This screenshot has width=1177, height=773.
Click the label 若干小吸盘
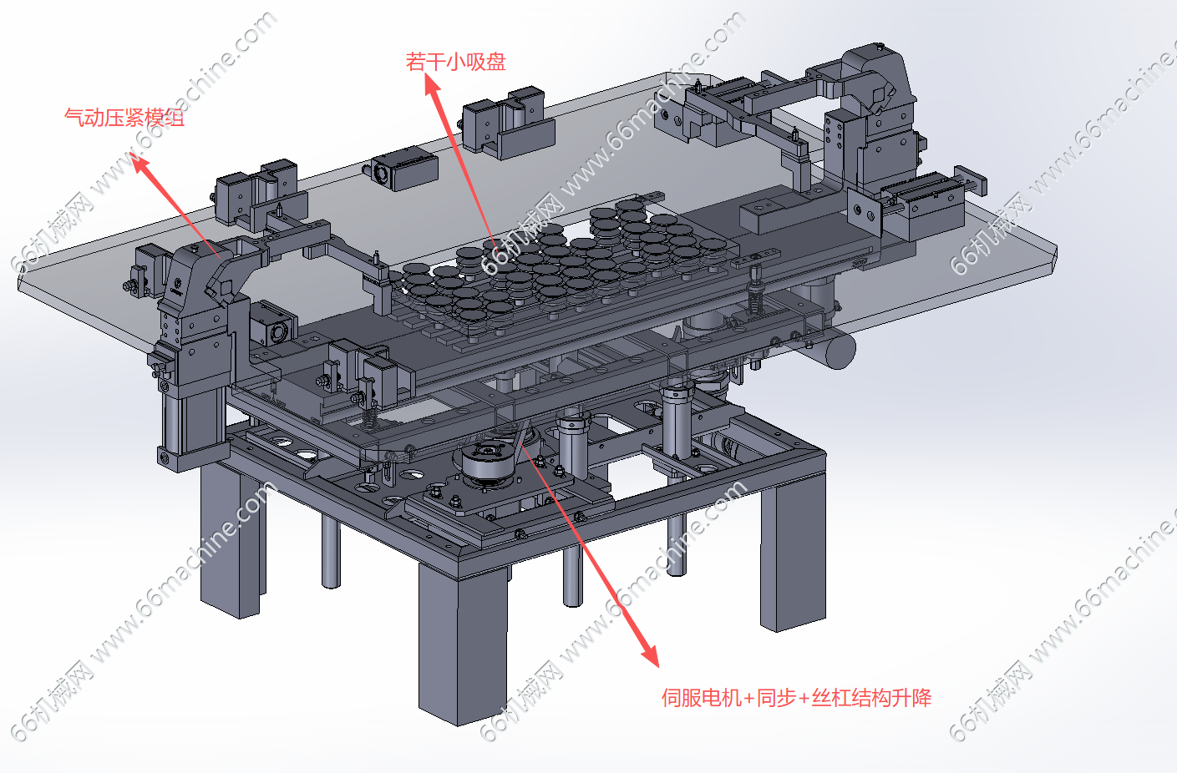456,62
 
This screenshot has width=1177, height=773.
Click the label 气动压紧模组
124,118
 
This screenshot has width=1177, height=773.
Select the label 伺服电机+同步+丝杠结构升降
796,697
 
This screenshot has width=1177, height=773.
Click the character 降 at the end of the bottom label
922,697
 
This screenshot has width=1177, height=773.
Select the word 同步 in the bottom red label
776,697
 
